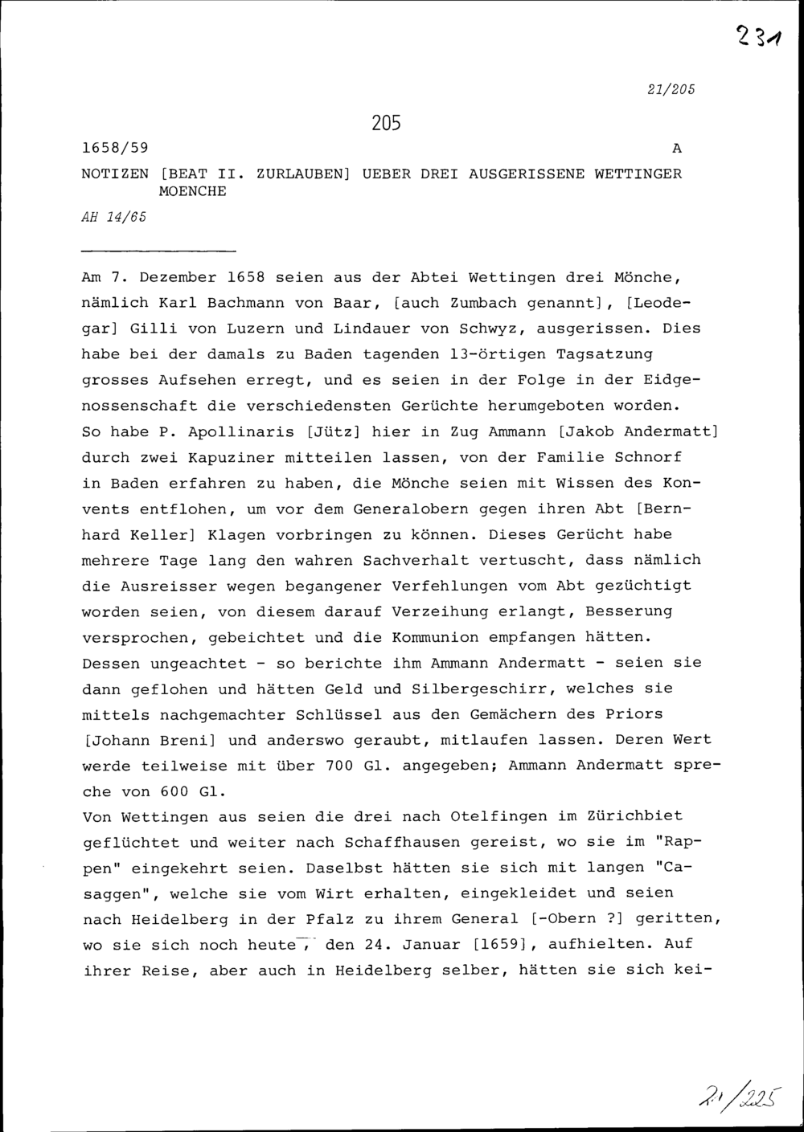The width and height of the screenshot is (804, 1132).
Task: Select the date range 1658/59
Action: pos(119,149)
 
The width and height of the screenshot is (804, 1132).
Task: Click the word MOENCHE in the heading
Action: pos(193,193)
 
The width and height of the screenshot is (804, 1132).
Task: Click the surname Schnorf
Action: pos(648,457)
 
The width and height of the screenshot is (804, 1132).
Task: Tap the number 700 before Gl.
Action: pos(339,766)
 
